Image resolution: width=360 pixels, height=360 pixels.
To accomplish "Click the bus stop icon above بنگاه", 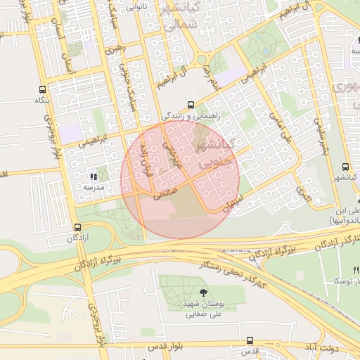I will click(x=43, y=90).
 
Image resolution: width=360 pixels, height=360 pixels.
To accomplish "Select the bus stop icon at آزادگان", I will click(x=77, y=227).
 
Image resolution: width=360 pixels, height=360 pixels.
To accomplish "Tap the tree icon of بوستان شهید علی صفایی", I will click(x=203, y=292).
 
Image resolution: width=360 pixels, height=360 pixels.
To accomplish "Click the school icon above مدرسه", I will click(x=93, y=176).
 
